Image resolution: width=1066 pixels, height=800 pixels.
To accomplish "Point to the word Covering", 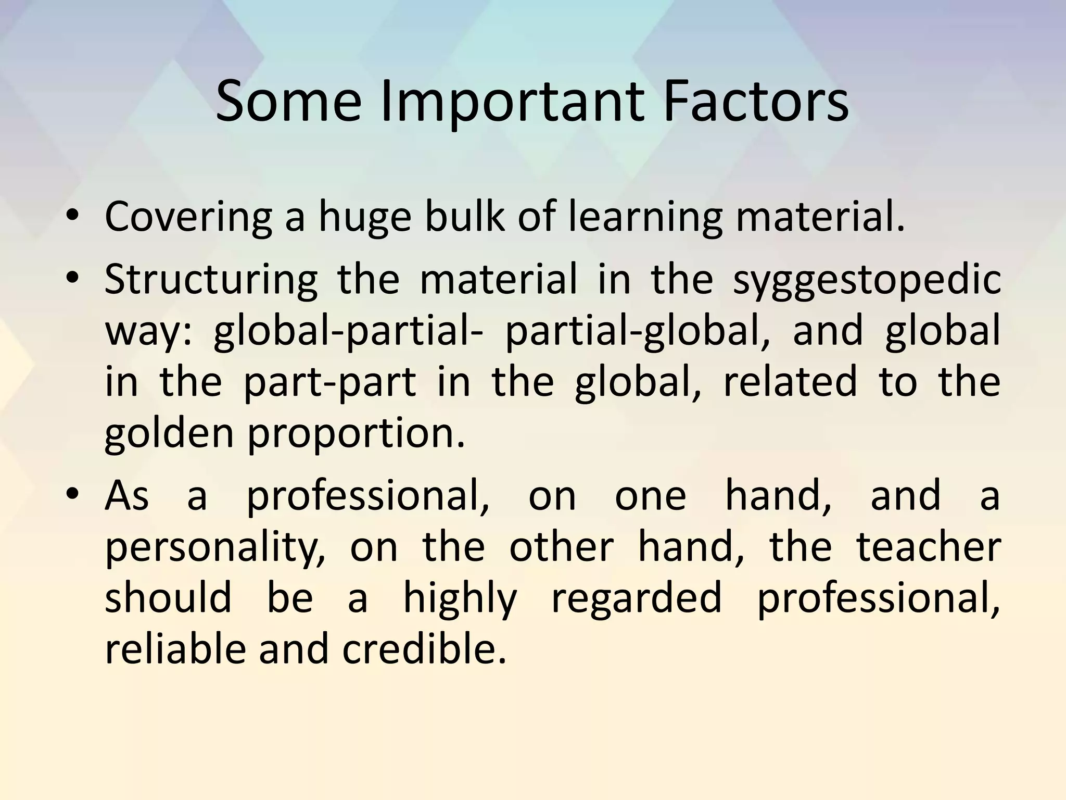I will pyautogui.click(x=188, y=218).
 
